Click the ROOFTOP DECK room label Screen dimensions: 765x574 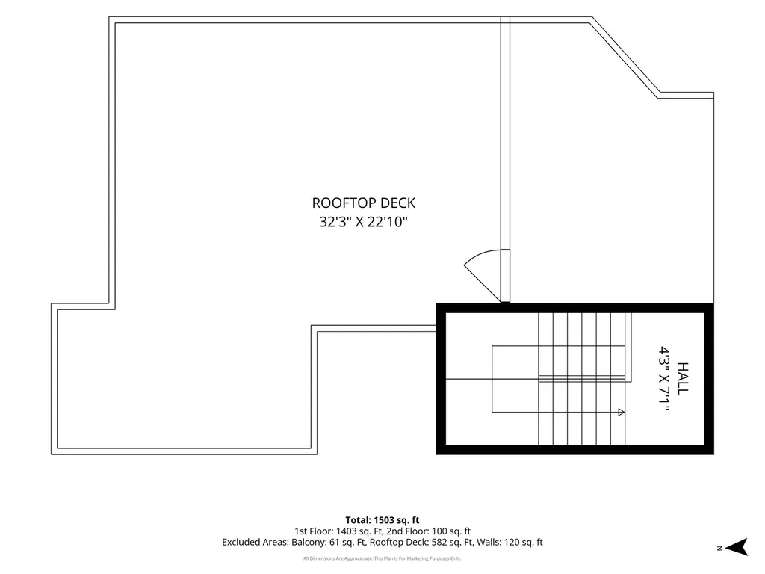(x=364, y=203)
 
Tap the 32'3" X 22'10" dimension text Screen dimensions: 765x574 (x=364, y=222)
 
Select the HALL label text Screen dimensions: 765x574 (x=683, y=378)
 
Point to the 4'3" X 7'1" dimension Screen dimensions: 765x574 (x=664, y=378)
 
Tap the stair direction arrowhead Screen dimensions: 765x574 (x=621, y=412)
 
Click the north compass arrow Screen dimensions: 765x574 (x=737, y=547)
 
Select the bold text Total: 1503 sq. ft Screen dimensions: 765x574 (x=382, y=520)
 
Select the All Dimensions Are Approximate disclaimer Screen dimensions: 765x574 (x=382, y=558)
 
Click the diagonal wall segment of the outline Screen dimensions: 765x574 (x=625, y=56)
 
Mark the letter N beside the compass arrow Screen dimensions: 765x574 (x=719, y=549)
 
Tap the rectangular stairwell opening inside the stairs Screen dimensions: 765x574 (x=515, y=379)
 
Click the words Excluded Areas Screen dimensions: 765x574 (x=255, y=543)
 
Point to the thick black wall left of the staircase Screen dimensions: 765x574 (x=441, y=379)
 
